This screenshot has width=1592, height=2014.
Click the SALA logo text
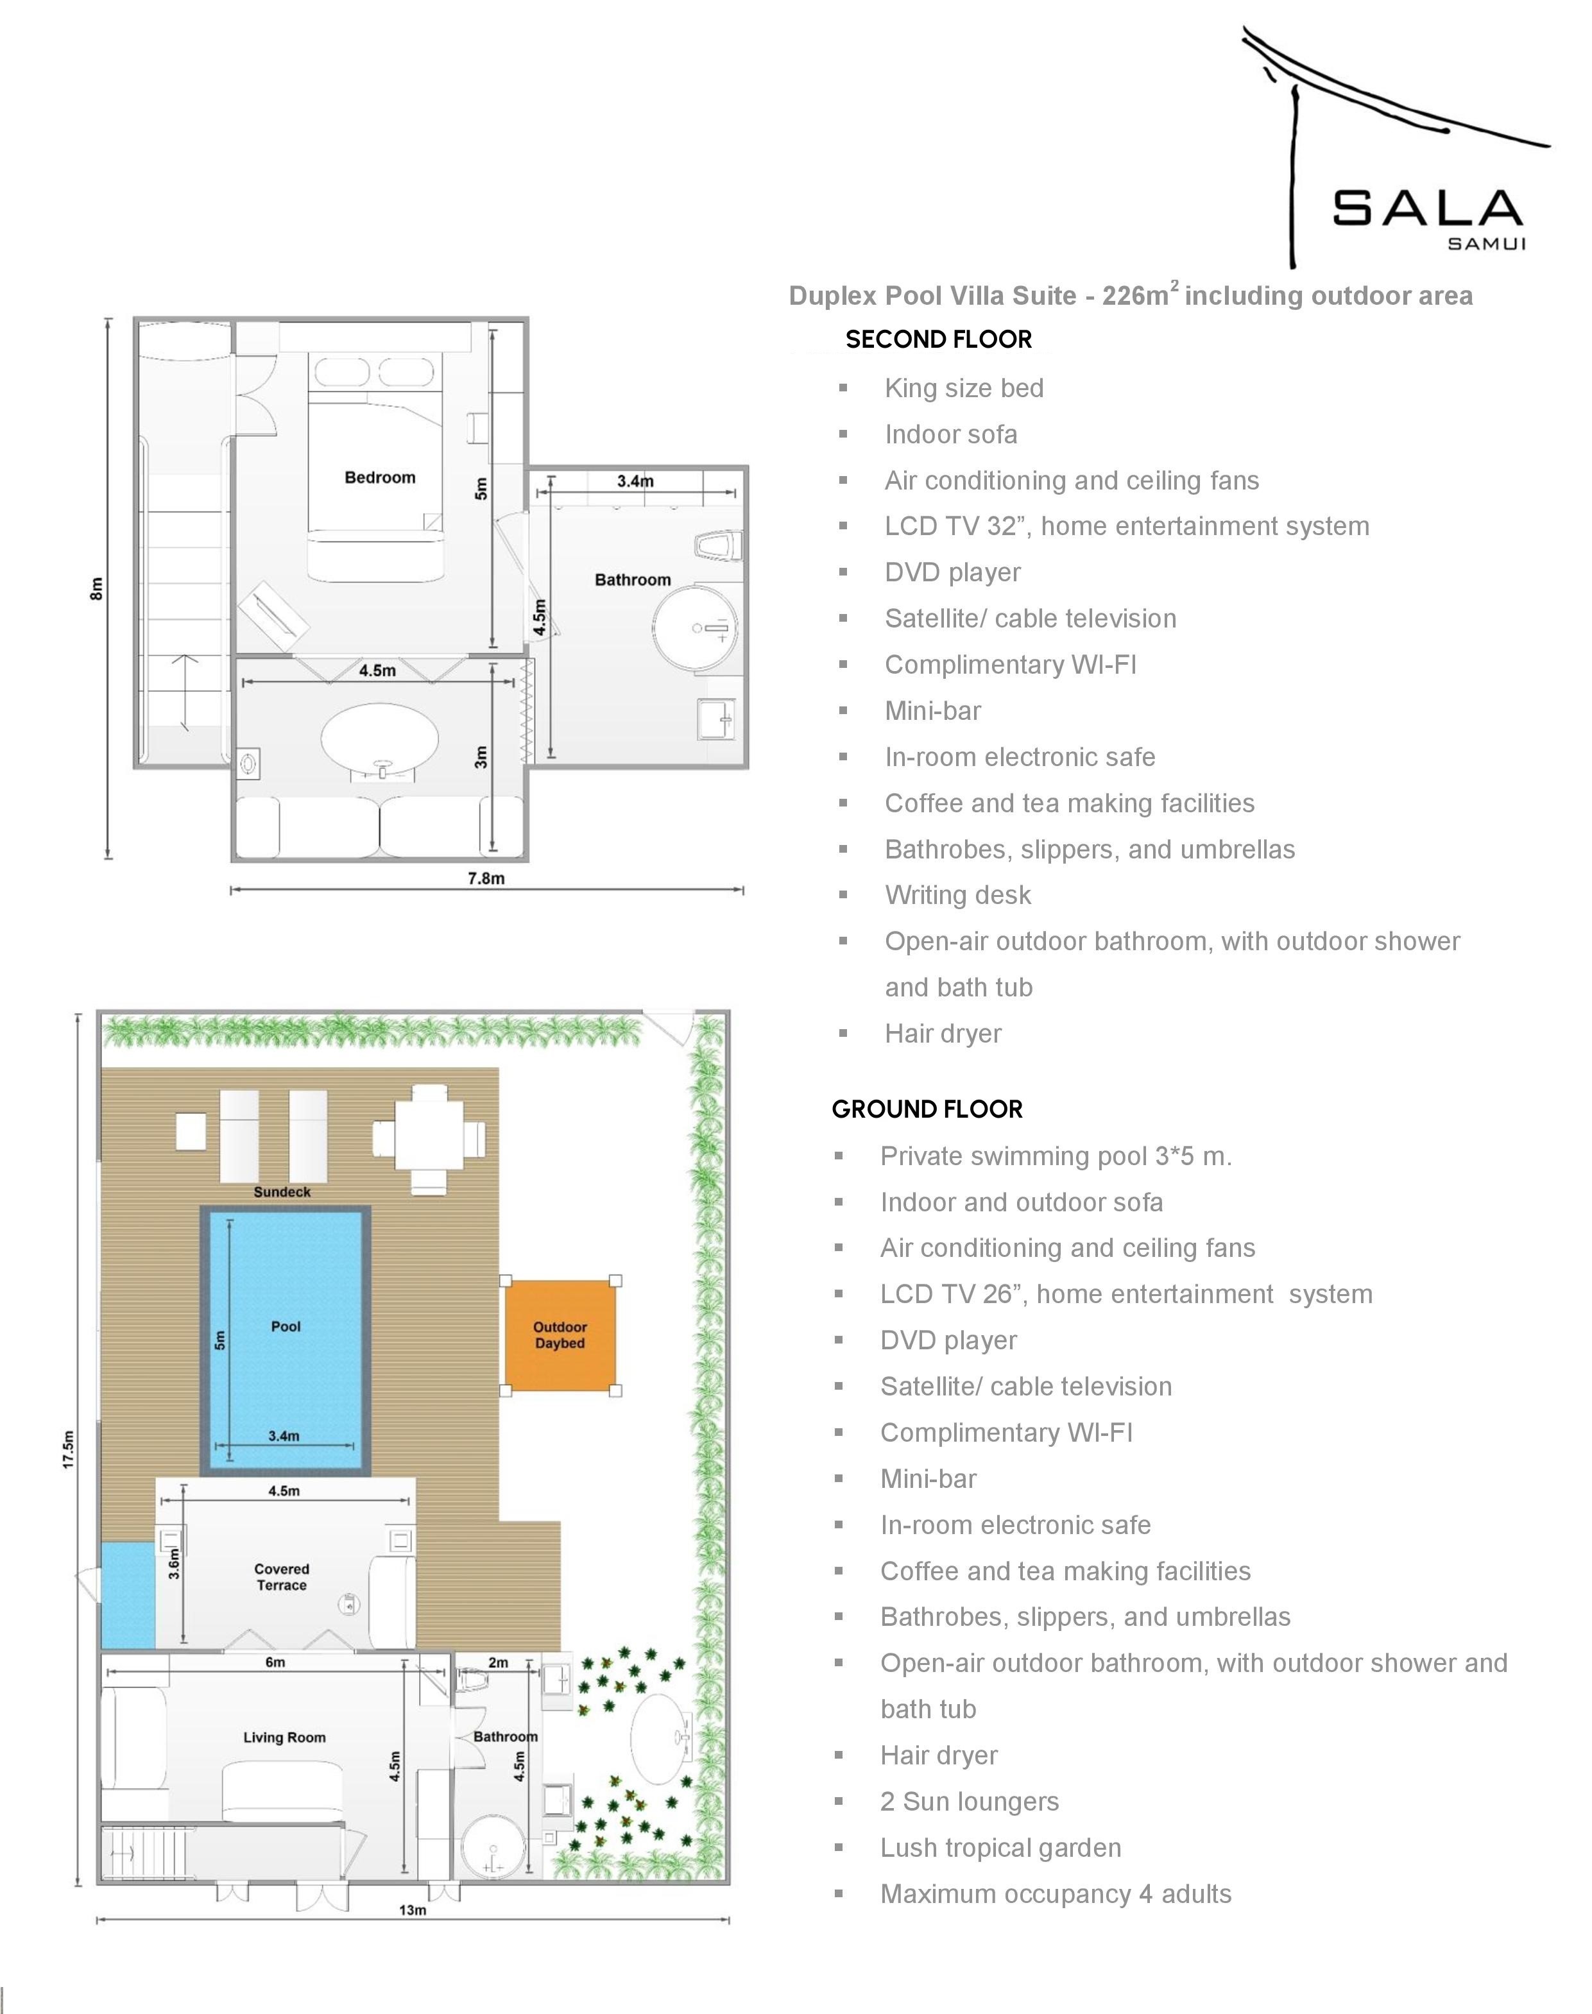tap(1427, 208)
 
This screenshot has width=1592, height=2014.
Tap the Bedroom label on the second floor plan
tap(381, 477)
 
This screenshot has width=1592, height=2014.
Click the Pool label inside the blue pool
tap(286, 1326)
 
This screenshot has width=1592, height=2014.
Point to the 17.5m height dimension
tap(68, 1449)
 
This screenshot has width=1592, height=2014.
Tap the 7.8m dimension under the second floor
tap(486, 878)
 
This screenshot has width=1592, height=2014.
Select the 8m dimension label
tap(96, 589)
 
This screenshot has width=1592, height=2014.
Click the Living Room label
tap(284, 1737)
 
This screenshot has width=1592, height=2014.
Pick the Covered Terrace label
tap(282, 1577)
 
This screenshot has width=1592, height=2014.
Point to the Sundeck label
tap(282, 1192)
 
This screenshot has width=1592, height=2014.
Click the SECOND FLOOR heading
tap(939, 339)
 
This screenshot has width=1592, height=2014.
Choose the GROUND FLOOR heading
tap(927, 1109)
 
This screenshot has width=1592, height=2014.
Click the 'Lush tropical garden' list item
tap(1000, 1847)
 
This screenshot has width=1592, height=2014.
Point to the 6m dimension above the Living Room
tap(275, 1662)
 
